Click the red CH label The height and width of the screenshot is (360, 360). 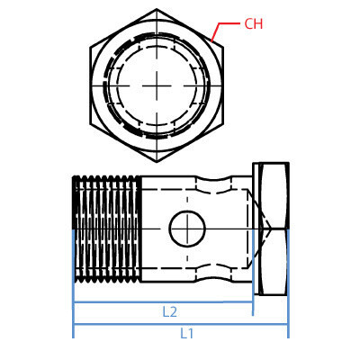pyautogui.click(x=253, y=24)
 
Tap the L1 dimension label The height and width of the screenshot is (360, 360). pyautogui.click(x=186, y=333)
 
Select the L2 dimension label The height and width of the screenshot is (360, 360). pyautogui.click(x=169, y=311)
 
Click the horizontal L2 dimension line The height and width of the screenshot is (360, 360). pyautogui.click(x=117, y=302)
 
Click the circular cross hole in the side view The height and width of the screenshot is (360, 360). pyautogui.click(x=187, y=229)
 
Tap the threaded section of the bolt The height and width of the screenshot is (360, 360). pyautogui.click(x=106, y=229)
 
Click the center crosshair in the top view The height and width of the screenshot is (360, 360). pyautogui.click(x=157, y=85)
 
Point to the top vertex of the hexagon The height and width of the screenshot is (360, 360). pyautogui.click(x=157, y=10)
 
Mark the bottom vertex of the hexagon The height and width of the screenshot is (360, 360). pyautogui.click(x=157, y=161)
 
